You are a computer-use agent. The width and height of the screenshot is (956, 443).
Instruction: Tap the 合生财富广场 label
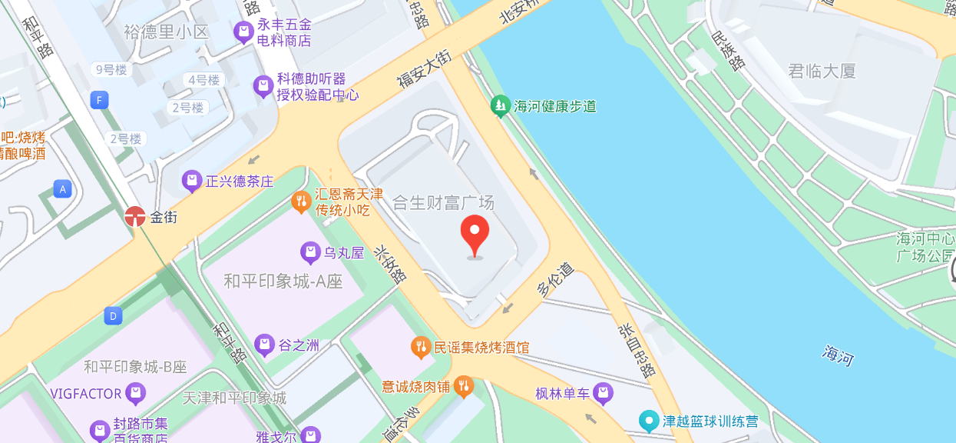(x=443, y=203)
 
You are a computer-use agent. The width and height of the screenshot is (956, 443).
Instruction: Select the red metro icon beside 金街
(x=135, y=217)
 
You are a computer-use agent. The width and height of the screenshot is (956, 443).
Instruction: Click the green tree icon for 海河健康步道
(x=501, y=106)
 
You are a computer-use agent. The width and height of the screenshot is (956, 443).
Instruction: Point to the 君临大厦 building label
(x=822, y=72)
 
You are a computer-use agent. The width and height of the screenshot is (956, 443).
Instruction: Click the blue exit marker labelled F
(x=98, y=100)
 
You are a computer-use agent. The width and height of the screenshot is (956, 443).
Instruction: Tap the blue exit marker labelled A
(x=63, y=188)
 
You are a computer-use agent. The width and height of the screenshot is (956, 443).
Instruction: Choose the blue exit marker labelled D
(x=113, y=315)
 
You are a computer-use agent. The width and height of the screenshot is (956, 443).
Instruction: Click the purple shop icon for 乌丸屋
(x=310, y=252)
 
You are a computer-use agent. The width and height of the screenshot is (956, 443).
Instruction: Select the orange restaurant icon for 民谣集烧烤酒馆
(x=420, y=347)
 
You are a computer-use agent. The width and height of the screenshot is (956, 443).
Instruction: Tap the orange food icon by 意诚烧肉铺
(x=463, y=386)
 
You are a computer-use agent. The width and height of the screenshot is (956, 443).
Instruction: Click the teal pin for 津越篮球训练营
(x=650, y=421)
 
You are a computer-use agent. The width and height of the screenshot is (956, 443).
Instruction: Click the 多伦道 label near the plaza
(x=555, y=279)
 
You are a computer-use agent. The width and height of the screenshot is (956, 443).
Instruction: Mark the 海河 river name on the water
(x=838, y=355)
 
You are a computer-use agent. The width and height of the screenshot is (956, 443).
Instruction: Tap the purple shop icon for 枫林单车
(x=603, y=394)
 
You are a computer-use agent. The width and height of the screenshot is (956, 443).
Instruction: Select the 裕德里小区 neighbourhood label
(x=166, y=32)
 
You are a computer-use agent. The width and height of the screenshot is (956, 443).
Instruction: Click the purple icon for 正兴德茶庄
(x=191, y=182)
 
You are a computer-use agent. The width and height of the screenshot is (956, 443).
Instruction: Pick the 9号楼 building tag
(x=111, y=70)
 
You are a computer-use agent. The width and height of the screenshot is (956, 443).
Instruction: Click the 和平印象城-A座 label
(x=283, y=281)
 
